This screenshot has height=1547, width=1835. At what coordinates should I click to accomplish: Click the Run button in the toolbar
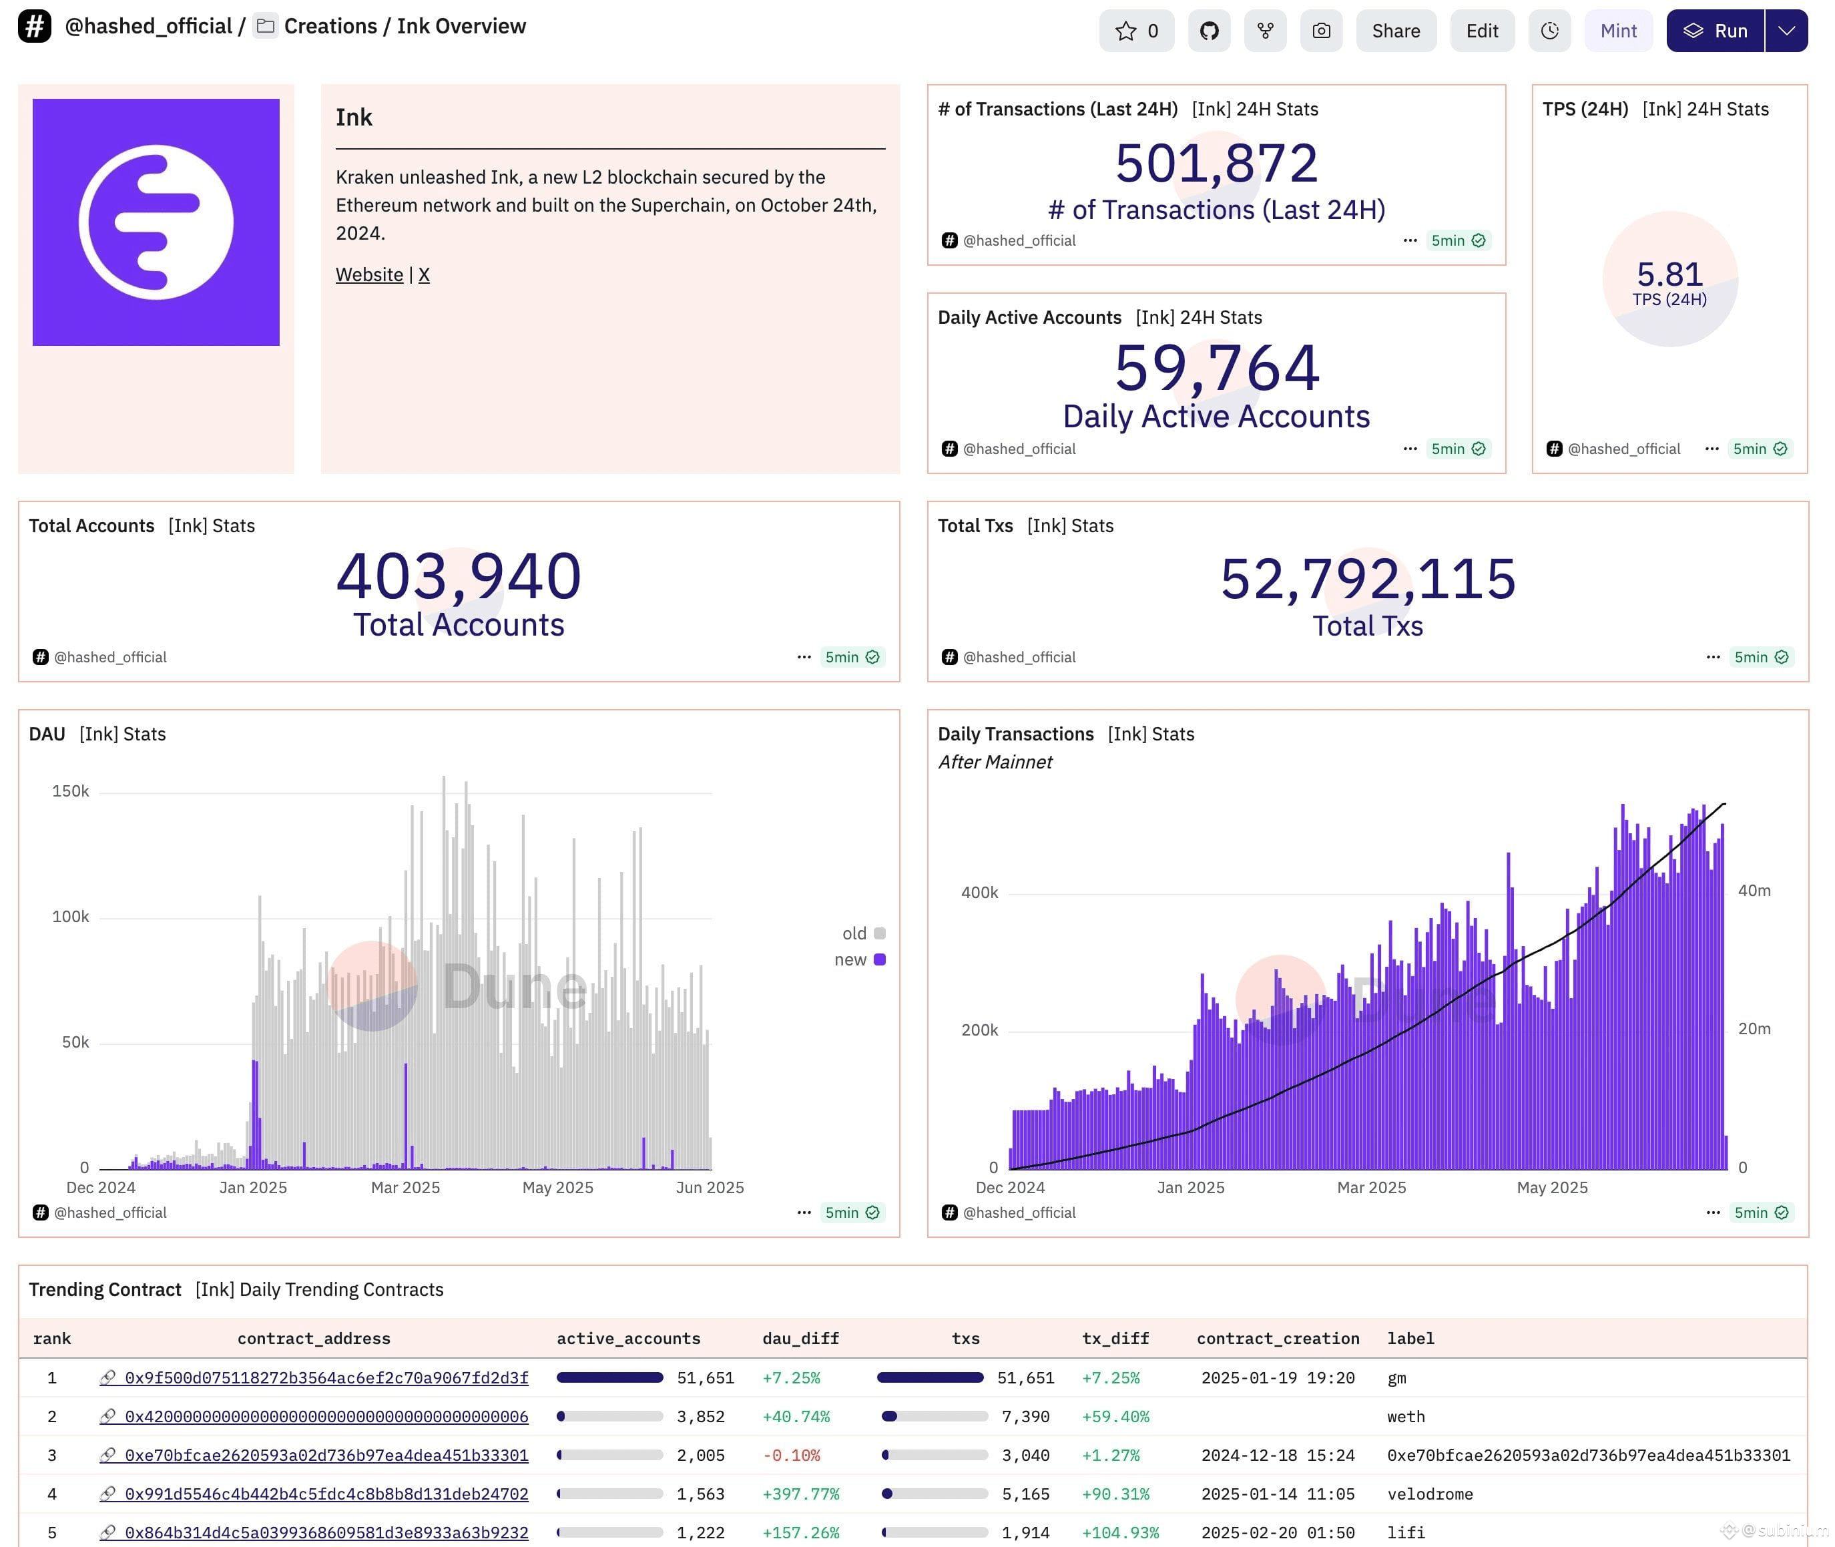[x=1715, y=31]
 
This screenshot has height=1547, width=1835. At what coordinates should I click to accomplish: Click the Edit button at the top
[x=1482, y=31]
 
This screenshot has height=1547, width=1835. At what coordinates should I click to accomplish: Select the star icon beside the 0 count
[x=1125, y=31]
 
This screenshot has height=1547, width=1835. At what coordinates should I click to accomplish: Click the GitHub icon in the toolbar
[x=1209, y=31]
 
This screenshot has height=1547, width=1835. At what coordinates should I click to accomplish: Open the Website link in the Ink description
[x=369, y=274]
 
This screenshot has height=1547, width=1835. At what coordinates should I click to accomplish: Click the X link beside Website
[x=423, y=274]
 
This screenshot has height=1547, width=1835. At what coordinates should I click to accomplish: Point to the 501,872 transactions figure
[x=1216, y=162]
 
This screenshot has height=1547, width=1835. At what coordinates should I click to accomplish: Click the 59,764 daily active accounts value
[x=1216, y=367]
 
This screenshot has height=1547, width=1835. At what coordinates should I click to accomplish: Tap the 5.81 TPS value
[x=1669, y=274]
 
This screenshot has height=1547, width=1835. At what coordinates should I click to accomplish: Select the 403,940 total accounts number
[x=459, y=576]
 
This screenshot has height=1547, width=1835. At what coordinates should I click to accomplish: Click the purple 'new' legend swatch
[x=879, y=959]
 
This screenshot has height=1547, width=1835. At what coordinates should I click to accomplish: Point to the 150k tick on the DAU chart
[x=70, y=791]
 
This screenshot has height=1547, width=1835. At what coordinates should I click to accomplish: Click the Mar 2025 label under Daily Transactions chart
[x=1371, y=1187]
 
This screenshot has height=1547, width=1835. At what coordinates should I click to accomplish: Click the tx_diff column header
[x=1115, y=1338]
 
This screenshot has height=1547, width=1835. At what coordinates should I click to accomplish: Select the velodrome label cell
[x=1430, y=1494]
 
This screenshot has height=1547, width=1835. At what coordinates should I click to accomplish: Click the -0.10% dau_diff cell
[x=791, y=1455]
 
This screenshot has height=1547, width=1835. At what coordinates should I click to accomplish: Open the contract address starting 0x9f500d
[x=326, y=1377]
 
